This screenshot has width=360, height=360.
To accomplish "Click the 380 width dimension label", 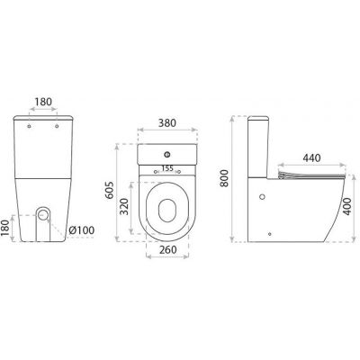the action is [167, 123].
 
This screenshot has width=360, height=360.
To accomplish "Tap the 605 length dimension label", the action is [110, 190].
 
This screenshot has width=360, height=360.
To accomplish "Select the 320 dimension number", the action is [124, 207].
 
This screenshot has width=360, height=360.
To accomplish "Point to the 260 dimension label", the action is [168, 249].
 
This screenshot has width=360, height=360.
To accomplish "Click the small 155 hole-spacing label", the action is [167, 168].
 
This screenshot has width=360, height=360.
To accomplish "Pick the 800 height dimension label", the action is [224, 178].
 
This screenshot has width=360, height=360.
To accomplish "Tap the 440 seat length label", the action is [311, 157].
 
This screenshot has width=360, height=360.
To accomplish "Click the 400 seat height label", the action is [347, 206].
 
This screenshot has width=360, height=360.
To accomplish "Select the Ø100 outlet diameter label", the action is [81, 230].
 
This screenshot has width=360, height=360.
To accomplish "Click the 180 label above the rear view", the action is [43, 102].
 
